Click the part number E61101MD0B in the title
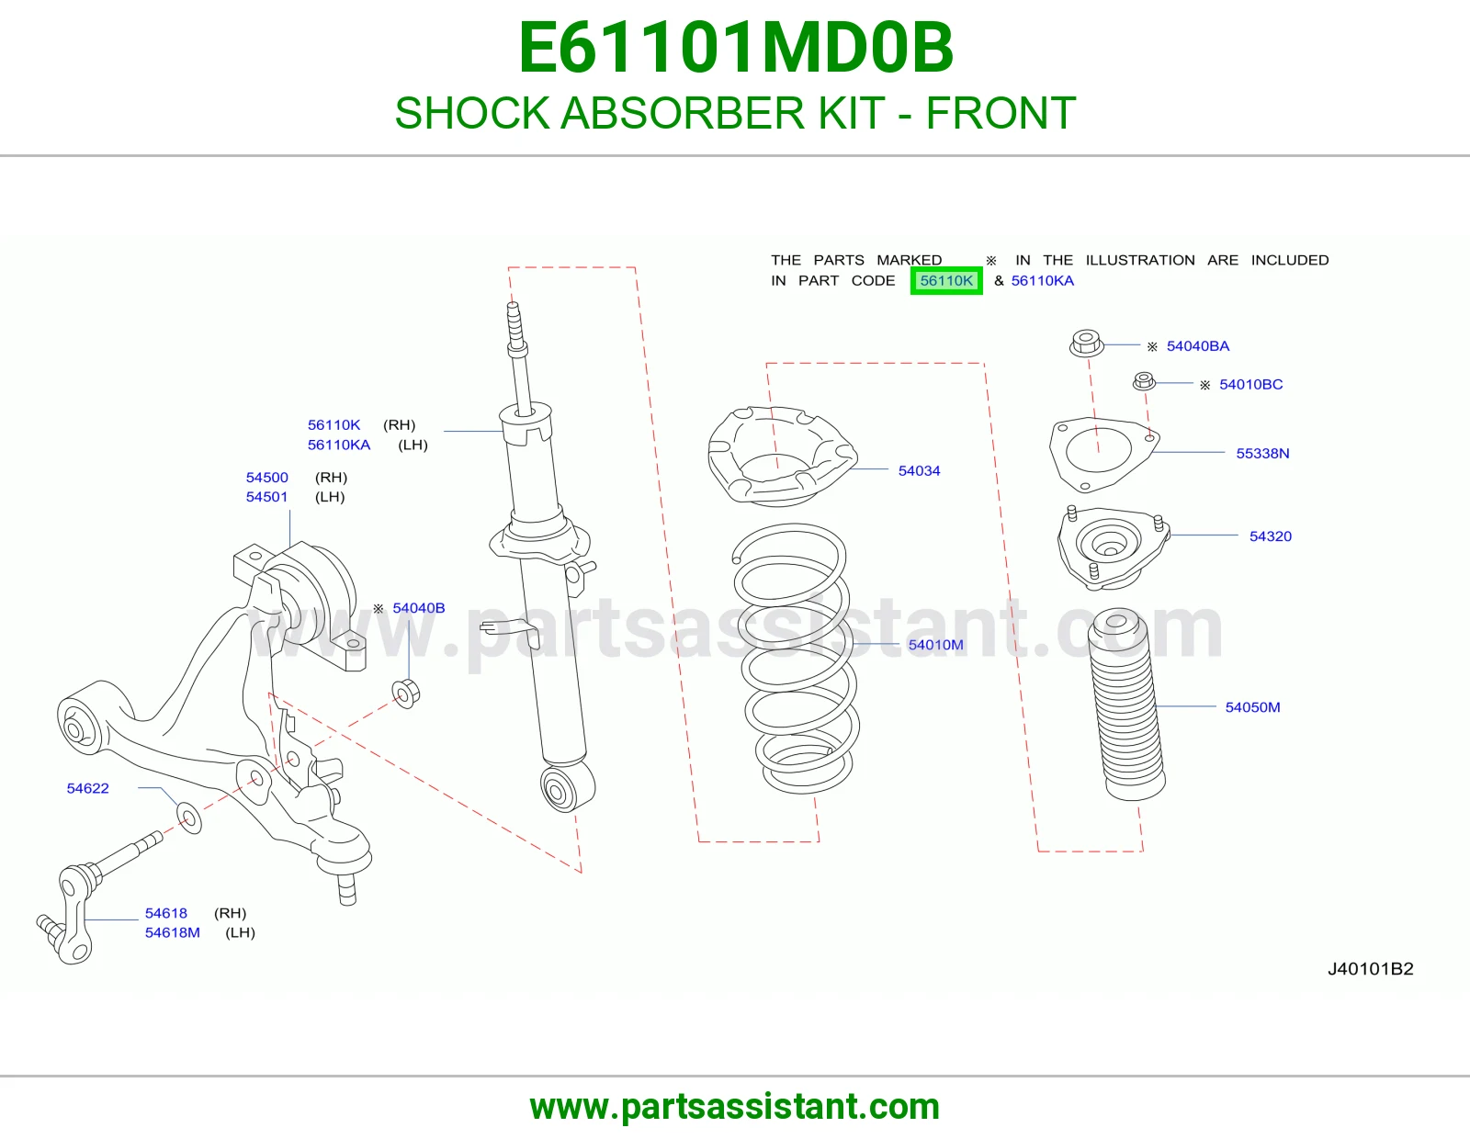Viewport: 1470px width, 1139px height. [735, 48]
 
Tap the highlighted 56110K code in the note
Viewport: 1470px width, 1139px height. [945, 281]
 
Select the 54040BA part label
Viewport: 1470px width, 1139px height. [1197, 346]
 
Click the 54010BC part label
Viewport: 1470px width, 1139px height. [1250, 385]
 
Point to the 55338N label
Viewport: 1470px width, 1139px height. [1262, 453]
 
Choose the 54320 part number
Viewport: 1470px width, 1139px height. [1270, 536]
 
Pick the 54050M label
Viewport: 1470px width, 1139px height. [1252, 707]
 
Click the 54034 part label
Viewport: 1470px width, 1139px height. [919, 470]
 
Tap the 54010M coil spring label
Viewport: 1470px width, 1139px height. [935, 645]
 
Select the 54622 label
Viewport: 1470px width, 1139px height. [87, 788]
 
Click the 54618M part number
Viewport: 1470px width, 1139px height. [172, 932]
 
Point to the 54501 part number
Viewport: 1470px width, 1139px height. [266, 496]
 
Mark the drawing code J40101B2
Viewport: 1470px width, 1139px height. [1370, 969]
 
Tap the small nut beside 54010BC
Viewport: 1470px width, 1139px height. [1144, 381]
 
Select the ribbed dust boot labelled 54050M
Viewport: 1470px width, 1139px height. [1126, 704]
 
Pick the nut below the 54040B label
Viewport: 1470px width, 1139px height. [406, 693]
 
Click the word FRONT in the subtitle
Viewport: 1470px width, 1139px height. [1001, 113]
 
